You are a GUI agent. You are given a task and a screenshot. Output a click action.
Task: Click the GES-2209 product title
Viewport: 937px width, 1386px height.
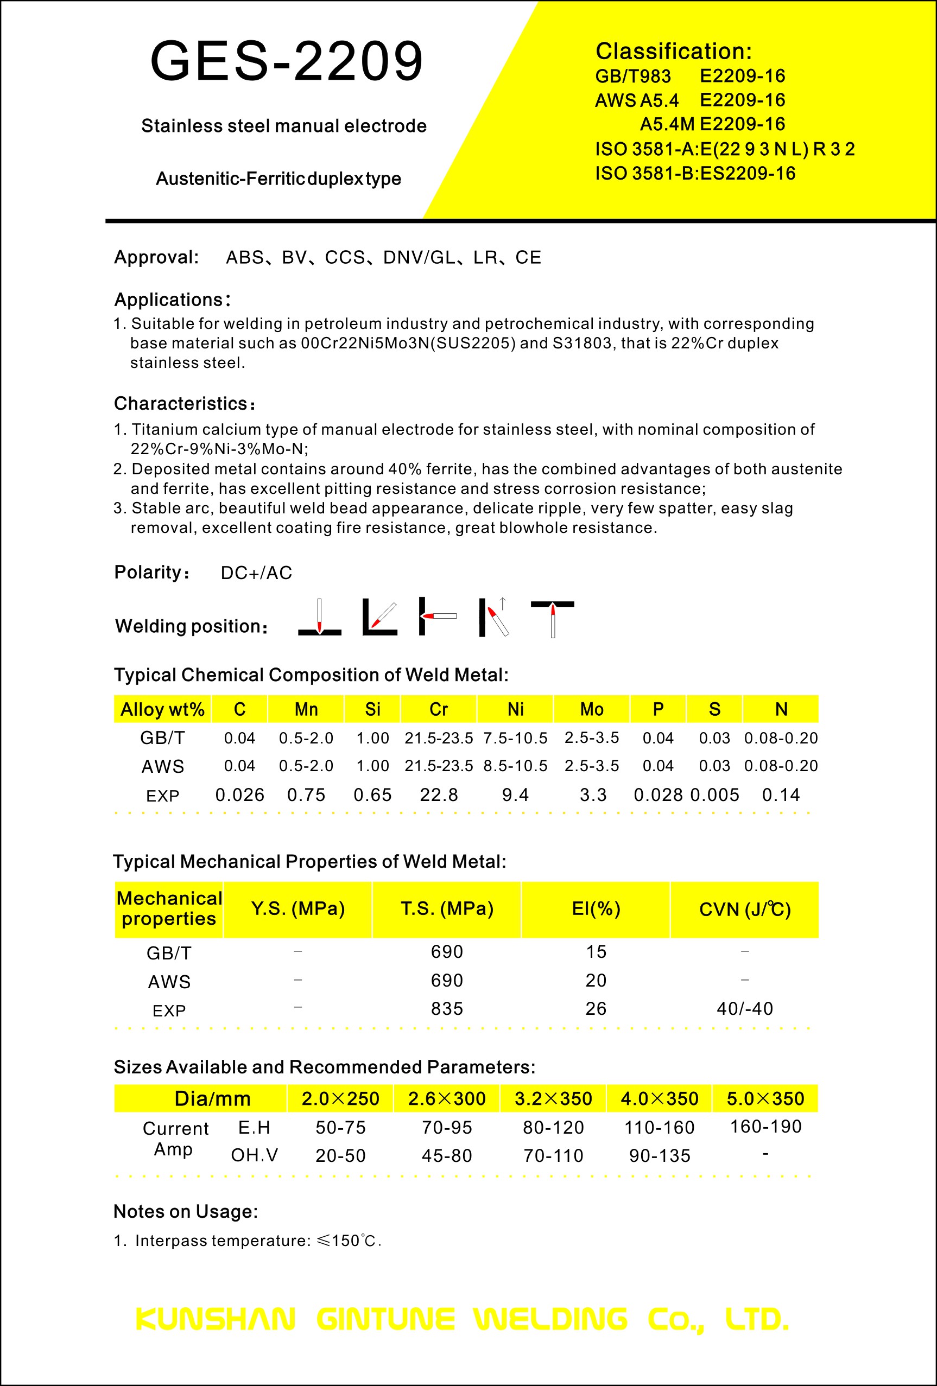pos(286,61)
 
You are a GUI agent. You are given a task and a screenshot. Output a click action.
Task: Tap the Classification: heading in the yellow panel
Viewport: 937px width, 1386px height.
pos(673,52)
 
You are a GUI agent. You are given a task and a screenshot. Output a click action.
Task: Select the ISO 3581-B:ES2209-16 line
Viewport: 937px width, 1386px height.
pos(695,174)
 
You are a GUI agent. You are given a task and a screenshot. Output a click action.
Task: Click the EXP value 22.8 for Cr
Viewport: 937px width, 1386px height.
pos(439,795)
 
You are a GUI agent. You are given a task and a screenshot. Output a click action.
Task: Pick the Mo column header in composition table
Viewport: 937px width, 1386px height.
pos(592,709)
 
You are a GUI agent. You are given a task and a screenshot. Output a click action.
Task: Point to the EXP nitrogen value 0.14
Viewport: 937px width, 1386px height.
pos(781,795)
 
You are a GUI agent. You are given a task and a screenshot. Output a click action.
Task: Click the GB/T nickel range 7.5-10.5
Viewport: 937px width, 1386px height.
pos(515,739)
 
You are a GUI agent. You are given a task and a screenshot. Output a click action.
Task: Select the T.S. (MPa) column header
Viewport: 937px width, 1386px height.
pos(447,909)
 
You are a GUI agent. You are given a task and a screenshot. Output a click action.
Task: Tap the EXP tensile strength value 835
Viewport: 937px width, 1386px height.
pos(447,1008)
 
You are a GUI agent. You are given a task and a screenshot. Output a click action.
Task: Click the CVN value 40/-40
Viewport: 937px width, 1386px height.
pos(744,1008)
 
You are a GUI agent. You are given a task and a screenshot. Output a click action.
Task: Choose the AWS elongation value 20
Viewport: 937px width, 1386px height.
pos(596,981)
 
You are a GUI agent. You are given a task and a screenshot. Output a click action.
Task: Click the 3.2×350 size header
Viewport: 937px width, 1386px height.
pos(553,1098)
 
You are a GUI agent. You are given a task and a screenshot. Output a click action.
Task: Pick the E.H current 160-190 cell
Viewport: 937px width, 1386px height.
pos(765,1127)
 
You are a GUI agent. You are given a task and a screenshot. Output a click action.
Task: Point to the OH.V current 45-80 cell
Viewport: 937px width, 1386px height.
pos(447,1156)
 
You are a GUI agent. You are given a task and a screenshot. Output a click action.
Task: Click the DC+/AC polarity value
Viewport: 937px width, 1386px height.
pos(256,573)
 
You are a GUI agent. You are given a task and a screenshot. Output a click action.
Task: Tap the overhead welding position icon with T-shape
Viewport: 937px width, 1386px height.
pos(552,619)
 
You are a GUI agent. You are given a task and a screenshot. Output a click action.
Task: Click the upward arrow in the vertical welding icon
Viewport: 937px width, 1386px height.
pos(503,603)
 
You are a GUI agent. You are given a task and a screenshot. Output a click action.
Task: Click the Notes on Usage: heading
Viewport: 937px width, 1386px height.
pos(186,1211)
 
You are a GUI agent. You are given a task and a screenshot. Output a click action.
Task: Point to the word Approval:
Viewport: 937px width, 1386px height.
pos(156,258)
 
